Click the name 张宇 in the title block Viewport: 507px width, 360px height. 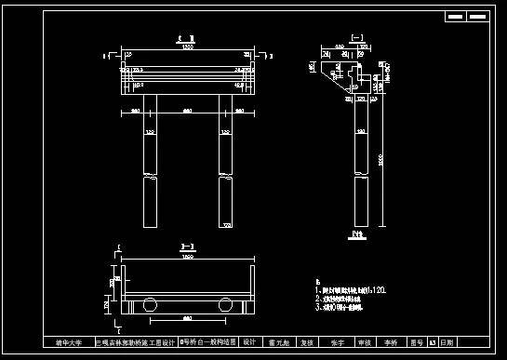point(337,342)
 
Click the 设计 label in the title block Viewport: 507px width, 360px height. point(248,342)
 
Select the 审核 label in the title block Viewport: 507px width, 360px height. point(364,342)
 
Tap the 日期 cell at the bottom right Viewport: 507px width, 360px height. point(448,342)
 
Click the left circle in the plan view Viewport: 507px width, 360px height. point(149,303)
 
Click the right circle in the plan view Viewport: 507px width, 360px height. point(223,303)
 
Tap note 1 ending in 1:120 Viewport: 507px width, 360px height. point(353,289)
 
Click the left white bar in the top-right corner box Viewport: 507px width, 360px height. point(456,17)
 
